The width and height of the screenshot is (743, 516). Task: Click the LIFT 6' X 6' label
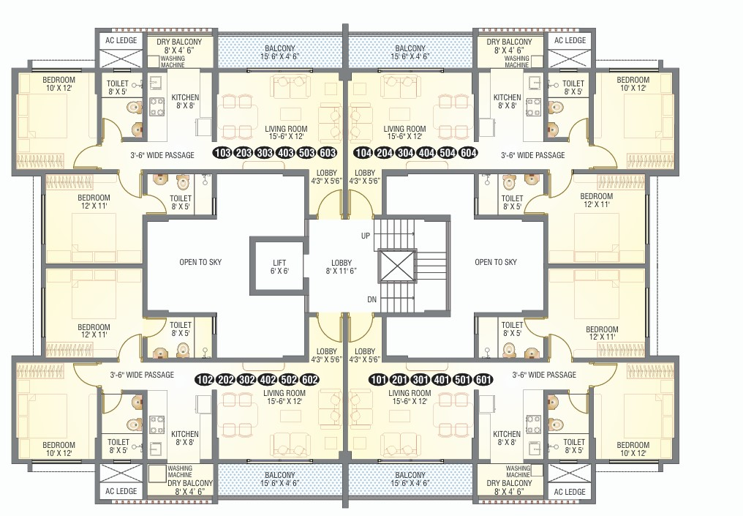click(279, 266)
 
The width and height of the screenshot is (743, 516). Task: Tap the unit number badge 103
click(223, 153)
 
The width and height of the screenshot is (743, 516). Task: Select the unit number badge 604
click(468, 153)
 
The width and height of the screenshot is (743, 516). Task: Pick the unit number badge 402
click(268, 380)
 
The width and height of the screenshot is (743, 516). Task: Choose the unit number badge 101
click(378, 380)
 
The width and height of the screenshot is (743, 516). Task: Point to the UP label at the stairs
click(366, 236)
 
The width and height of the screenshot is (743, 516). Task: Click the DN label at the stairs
click(372, 299)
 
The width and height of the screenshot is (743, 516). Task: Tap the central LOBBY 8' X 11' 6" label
click(342, 266)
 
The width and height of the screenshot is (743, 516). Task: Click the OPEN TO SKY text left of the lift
click(200, 262)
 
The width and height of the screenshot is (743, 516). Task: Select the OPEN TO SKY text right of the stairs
click(496, 262)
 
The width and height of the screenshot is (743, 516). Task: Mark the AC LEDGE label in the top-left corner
click(121, 40)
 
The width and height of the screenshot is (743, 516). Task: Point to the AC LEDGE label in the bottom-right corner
click(570, 492)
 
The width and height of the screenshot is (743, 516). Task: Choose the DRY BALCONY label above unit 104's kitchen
click(509, 45)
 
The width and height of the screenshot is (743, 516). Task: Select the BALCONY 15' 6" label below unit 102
click(279, 479)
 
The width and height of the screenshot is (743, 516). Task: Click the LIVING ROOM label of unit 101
click(410, 397)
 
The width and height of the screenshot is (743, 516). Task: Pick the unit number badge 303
click(265, 153)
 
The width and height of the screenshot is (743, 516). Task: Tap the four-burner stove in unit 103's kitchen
click(156, 107)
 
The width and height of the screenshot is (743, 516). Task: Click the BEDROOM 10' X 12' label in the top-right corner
click(633, 83)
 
